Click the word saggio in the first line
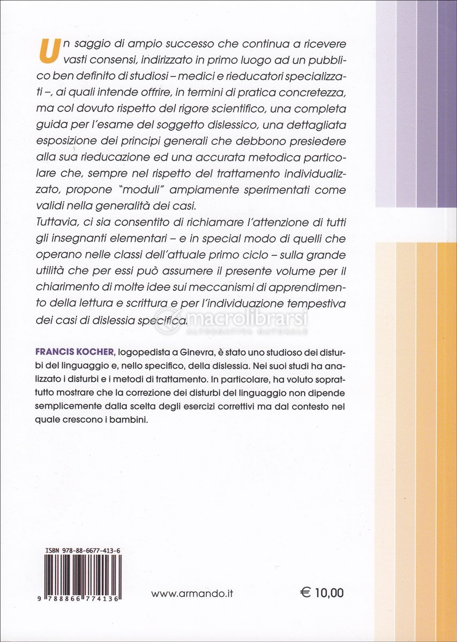click(88, 42)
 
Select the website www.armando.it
click(192, 593)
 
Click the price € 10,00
click(321, 592)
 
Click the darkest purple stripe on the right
click(447, 107)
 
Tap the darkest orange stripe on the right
click(447, 428)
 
